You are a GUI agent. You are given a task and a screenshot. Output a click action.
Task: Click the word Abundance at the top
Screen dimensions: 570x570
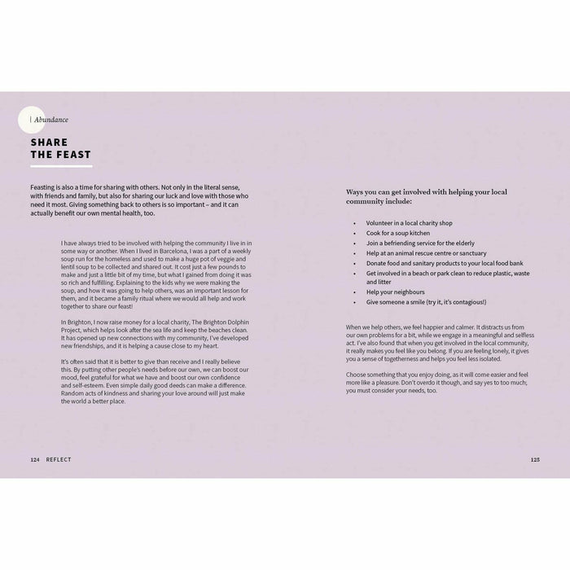[x=51, y=120]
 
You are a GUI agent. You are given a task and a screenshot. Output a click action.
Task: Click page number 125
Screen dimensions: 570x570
[x=535, y=459]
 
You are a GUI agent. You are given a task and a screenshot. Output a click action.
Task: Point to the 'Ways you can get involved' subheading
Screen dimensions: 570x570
[x=426, y=196]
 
